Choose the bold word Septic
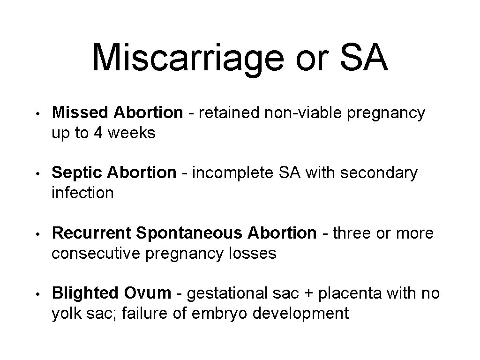[77, 172]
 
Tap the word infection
[82, 193]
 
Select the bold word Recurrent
[93, 233]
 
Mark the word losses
[253, 254]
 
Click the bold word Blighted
[85, 293]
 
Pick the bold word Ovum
[148, 293]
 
